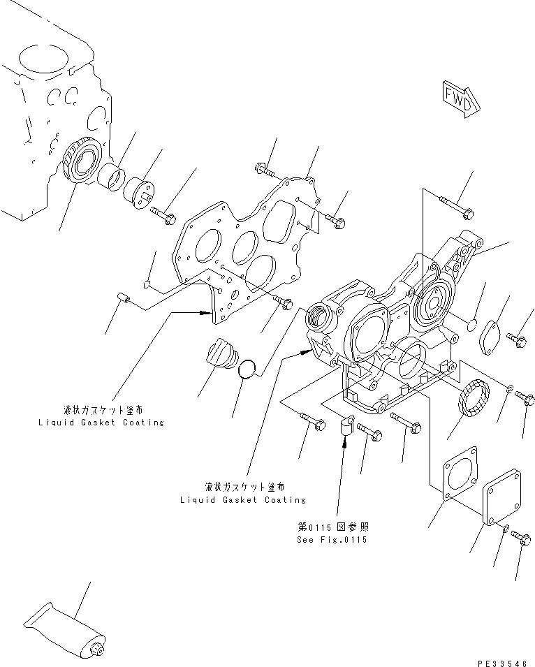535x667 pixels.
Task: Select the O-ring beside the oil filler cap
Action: (x=249, y=368)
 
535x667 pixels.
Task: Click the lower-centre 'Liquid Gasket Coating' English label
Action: (x=243, y=500)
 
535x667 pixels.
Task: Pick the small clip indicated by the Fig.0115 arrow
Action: (x=345, y=425)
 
